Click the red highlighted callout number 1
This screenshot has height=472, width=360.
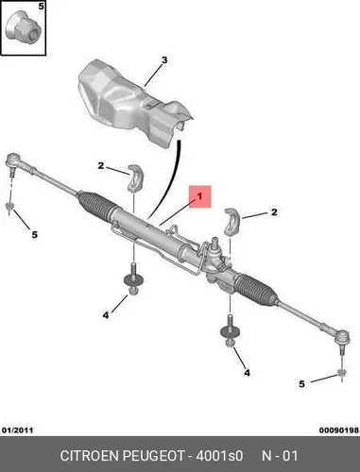pos(199,196)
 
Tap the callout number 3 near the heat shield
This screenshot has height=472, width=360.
pos(164,60)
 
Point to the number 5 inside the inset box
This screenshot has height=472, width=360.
pos(42,6)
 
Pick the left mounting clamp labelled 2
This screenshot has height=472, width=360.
pos(135,177)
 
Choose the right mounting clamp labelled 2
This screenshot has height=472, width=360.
pos(232,222)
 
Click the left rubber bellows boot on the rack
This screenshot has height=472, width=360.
pos(96,204)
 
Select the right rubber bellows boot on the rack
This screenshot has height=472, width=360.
pos(257,290)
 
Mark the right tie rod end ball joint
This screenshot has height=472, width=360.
pos(342,339)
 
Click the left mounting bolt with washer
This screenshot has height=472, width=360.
pos(133,279)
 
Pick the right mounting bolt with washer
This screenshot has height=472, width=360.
pos(230,330)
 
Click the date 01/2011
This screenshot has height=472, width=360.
pos(17,430)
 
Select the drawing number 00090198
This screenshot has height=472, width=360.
pos(339,430)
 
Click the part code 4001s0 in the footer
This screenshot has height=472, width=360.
pos(219,456)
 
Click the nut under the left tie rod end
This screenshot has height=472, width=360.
pos(10,207)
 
